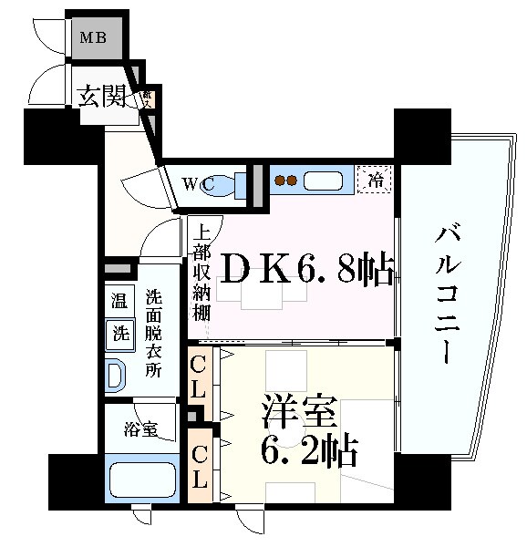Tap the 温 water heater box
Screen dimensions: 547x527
point(119,300)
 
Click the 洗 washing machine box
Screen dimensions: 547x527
point(119,333)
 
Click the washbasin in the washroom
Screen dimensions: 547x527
point(115,374)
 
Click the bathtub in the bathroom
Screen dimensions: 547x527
point(140,480)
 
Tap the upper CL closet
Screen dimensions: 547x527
point(200,378)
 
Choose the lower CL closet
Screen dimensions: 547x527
point(200,466)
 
